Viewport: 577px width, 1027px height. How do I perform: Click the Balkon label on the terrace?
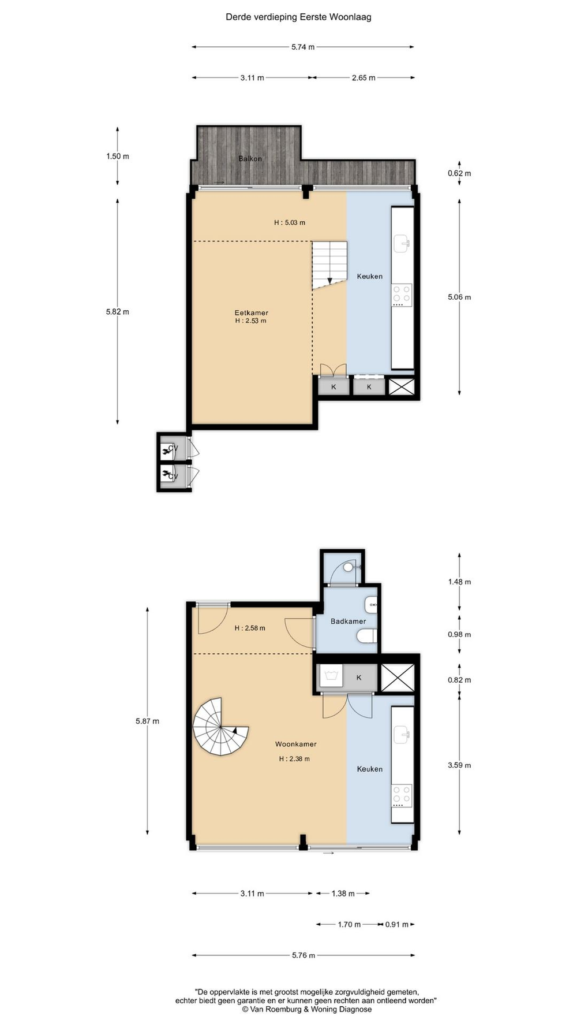[250, 158]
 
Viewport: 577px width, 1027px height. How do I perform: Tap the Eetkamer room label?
[251, 313]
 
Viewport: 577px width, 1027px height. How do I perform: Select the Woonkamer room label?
[295, 744]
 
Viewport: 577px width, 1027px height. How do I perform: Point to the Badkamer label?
[348, 622]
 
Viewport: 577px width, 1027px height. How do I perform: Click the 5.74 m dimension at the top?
[303, 47]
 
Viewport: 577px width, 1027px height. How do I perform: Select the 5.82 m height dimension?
[118, 311]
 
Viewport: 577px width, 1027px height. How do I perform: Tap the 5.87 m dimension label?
[148, 721]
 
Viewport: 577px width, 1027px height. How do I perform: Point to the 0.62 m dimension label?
[459, 173]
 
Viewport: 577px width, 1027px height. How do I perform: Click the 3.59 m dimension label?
[459, 765]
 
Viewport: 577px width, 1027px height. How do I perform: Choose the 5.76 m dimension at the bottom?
[304, 955]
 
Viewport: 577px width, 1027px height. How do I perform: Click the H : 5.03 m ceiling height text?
[290, 222]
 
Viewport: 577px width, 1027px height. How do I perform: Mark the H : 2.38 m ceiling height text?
[294, 759]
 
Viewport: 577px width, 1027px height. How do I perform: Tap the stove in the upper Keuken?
[402, 295]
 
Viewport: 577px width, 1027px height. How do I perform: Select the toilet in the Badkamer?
[366, 637]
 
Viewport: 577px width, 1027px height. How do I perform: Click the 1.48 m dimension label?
[459, 582]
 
